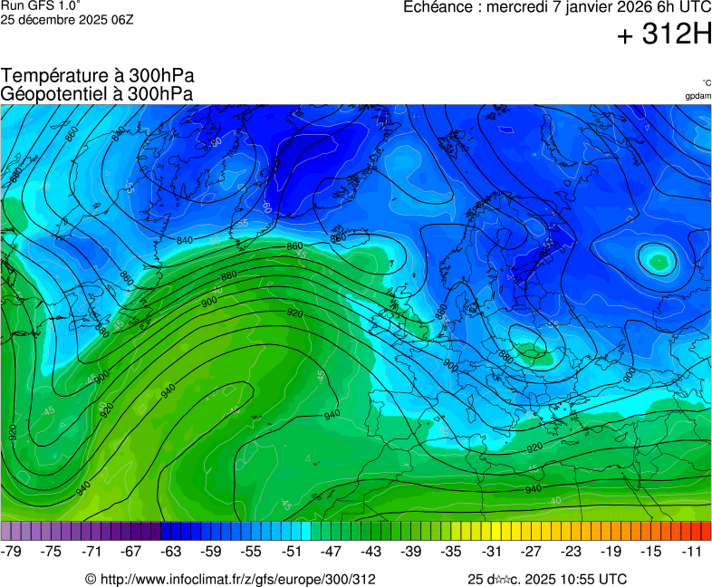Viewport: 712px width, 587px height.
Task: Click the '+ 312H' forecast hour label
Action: [664, 35]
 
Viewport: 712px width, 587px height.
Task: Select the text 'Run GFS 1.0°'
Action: [41, 5]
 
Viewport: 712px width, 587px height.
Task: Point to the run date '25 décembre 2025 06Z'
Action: [67, 19]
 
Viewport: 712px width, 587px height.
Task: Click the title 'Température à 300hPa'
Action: [97, 76]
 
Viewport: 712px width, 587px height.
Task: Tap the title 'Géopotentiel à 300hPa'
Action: [97, 93]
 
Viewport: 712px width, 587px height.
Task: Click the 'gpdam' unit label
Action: [698, 96]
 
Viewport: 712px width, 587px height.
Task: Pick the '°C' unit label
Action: [706, 82]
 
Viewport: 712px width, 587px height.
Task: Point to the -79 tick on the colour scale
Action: [12, 551]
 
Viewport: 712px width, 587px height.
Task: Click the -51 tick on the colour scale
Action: [292, 551]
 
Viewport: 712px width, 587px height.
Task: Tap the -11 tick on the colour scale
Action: [692, 551]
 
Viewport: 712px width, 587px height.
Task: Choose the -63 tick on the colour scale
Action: [172, 551]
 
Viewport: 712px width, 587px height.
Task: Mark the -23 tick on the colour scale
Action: [572, 551]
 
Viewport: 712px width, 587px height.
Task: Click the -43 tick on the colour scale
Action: [371, 551]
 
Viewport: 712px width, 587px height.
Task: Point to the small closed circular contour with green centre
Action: [657, 261]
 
